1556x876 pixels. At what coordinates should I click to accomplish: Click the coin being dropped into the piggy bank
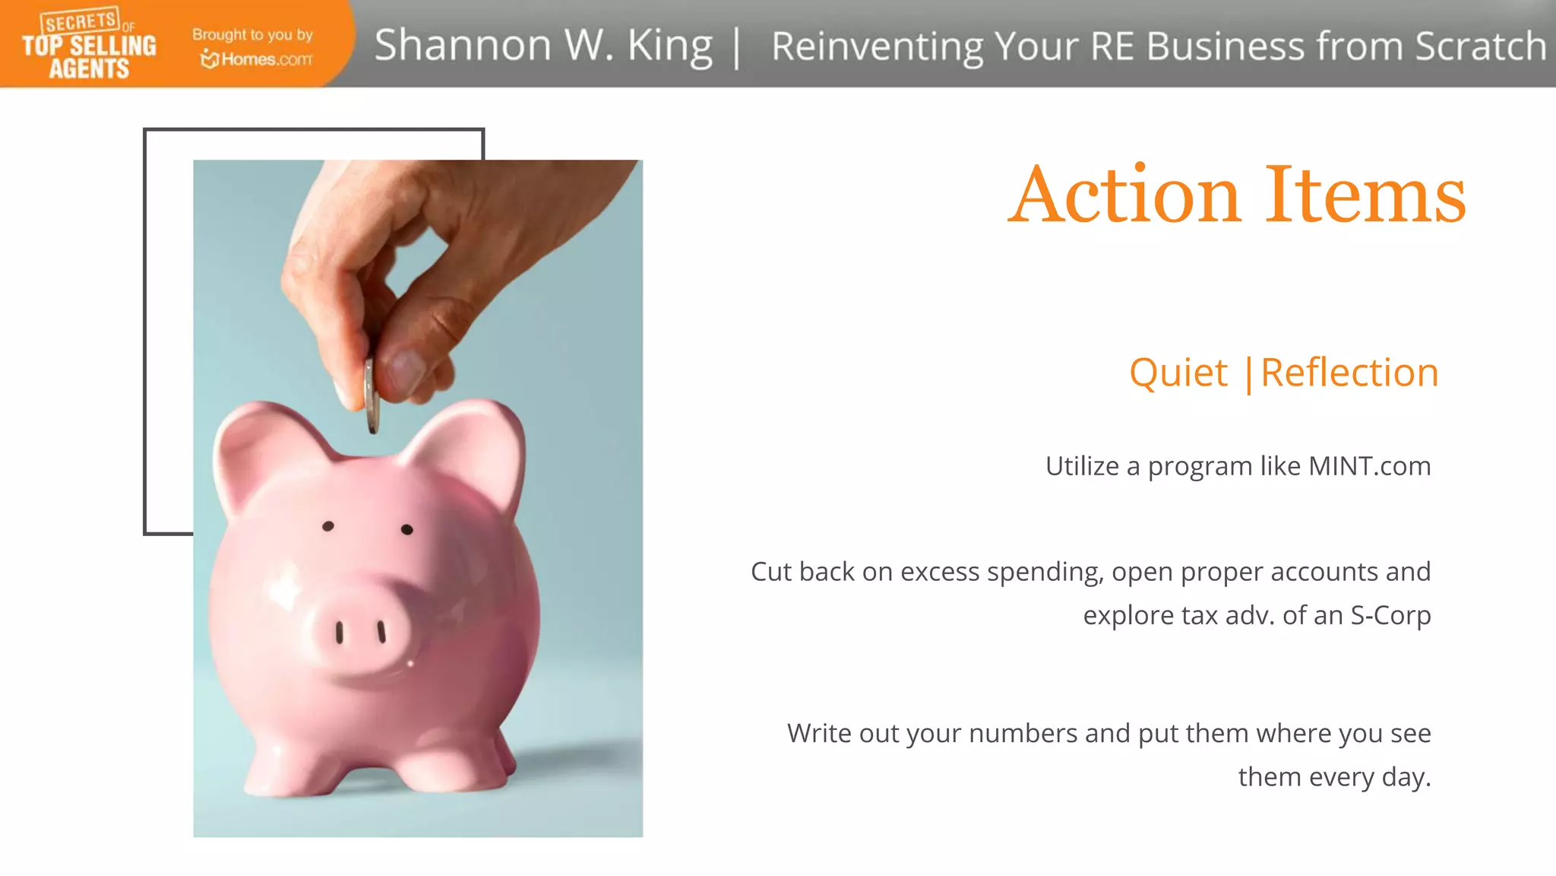[x=372, y=395]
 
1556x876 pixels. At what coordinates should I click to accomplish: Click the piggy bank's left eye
[x=328, y=526]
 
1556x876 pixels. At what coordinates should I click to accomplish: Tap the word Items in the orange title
[x=1365, y=195]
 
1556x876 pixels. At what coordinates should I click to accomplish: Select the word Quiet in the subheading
[x=1178, y=373]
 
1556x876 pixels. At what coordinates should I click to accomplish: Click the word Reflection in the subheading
[x=1349, y=373]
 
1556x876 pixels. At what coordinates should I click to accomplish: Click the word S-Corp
[x=1390, y=615]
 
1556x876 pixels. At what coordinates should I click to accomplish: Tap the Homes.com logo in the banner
[x=257, y=59]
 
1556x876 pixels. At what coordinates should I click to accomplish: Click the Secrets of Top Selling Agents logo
[x=89, y=45]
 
